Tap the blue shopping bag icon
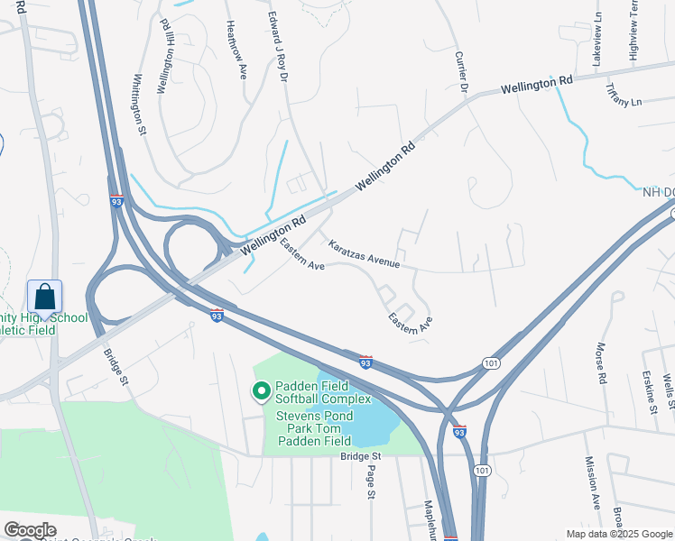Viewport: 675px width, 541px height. tap(44, 296)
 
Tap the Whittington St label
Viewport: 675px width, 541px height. tap(140, 105)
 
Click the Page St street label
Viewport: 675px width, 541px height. tap(370, 483)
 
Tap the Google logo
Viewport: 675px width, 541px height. tap(30, 530)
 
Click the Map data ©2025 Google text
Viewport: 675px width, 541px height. tap(618, 534)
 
